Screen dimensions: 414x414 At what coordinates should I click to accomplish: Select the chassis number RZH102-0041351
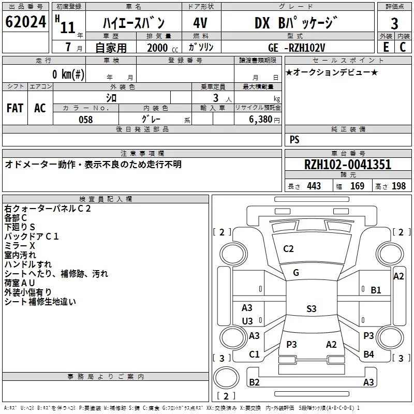click(348, 165)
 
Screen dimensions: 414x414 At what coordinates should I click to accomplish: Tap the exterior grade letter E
click(386, 47)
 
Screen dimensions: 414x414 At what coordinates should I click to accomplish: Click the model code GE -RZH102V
click(297, 47)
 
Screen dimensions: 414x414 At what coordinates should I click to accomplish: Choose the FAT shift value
click(15, 108)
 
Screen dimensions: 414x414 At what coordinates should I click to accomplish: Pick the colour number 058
click(85, 120)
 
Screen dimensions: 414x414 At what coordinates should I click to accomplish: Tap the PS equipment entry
click(294, 140)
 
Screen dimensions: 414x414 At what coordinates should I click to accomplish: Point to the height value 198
click(399, 186)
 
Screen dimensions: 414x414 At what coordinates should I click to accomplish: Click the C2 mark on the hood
click(288, 249)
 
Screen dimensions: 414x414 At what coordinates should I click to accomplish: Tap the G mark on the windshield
click(296, 273)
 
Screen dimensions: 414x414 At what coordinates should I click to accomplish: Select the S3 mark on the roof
click(311, 309)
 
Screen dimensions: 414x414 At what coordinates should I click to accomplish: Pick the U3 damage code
click(247, 321)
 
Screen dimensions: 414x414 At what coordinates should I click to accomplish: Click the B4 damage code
click(368, 354)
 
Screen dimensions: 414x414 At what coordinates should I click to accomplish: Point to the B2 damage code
click(255, 382)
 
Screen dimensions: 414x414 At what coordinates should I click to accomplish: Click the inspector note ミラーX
click(20, 245)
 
